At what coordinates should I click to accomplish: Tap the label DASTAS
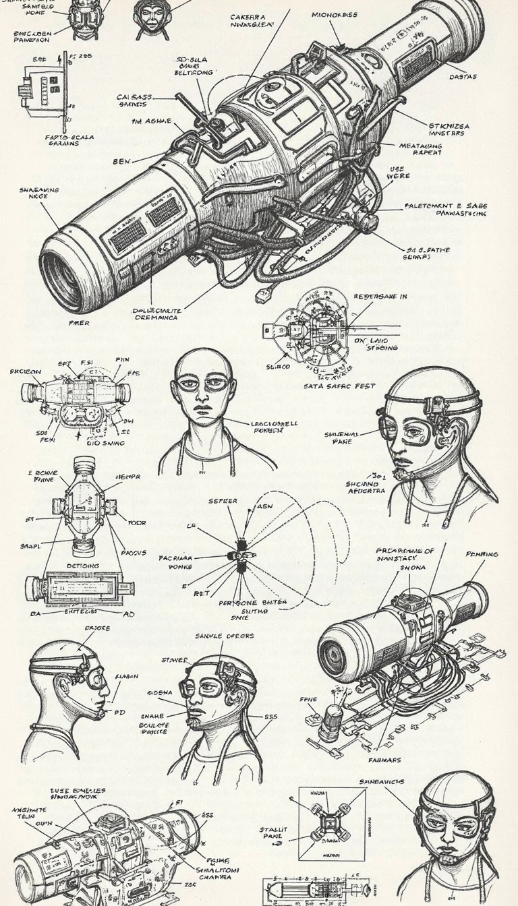point(463,77)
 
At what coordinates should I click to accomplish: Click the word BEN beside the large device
point(121,162)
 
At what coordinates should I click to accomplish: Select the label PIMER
point(79,323)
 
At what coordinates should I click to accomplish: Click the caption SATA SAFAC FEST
point(335,387)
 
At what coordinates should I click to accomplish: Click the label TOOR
point(137,522)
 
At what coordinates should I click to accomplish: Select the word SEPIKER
point(223,502)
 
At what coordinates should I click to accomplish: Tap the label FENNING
point(482,554)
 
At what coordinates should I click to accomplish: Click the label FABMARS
point(384,760)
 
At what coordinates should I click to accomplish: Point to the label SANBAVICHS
point(382,781)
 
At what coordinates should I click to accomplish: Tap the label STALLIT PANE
point(274,833)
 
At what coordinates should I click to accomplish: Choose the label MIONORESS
point(335,15)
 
